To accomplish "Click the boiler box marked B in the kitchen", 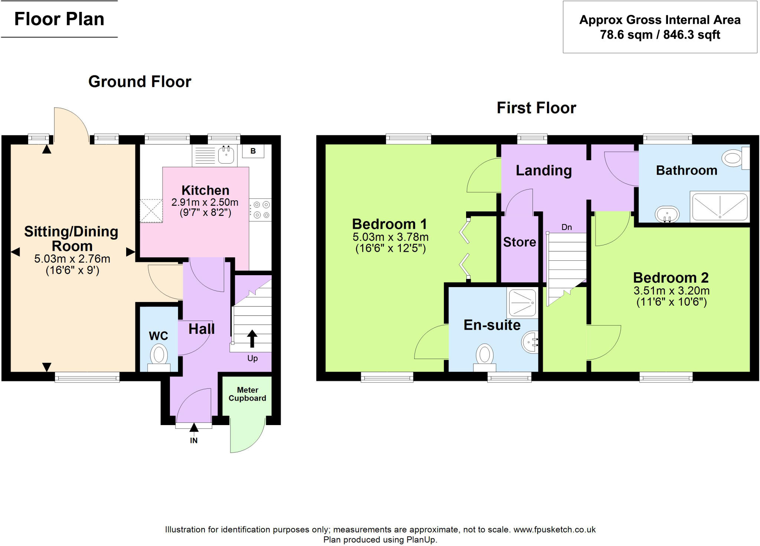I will click(x=253, y=151).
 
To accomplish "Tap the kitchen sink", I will click(x=226, y=155).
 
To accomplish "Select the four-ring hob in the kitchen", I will click(x=261, y=210).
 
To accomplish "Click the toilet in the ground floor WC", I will click(x=159, y=355).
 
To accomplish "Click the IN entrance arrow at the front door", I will click(x=194, y=429).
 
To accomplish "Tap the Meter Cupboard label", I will click(x=247, y=394).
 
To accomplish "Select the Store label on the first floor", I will click(x=520, y=242).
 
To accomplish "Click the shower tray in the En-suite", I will click(x=522, y=303).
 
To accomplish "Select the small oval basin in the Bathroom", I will click(x=667, y=214).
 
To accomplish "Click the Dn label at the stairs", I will click(x=566, y=227).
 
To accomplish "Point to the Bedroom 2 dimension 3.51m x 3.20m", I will click(x=671, y=290).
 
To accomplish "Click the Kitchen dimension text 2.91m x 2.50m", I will click(x=205, y=202).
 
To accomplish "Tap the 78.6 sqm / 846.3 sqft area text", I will click(x=660, y=35).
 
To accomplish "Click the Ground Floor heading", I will click(x=140, y=82).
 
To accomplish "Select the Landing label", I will click(x=544, y=170).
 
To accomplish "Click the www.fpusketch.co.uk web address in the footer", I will click(x=554, y=529).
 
